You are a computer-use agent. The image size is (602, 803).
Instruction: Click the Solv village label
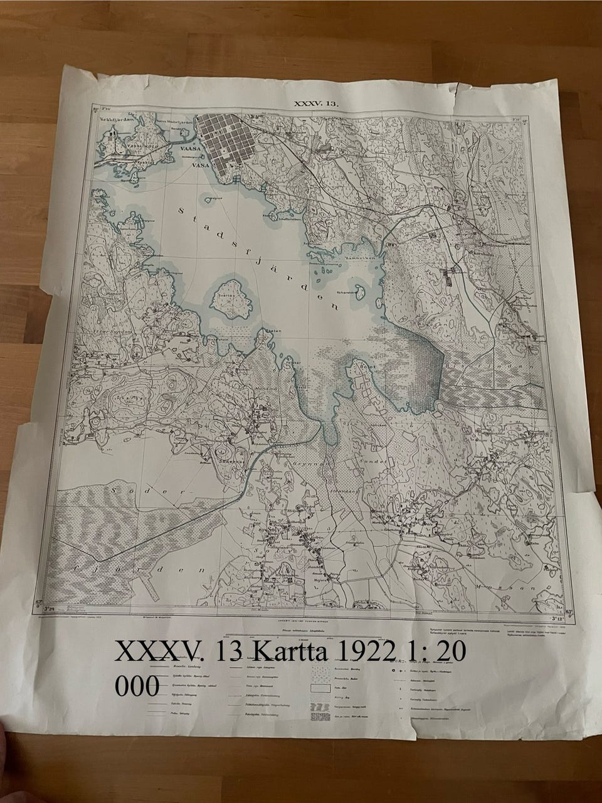tap(272, 528)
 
